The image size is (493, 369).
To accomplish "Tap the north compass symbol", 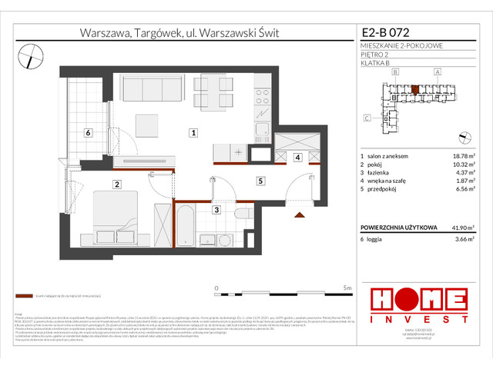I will pyautogui.click(x=32, y=53).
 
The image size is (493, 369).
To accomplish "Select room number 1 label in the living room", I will pyautogui.click(x=193, y=133).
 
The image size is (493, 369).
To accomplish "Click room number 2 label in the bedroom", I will pyautogui.click(x=116, y=184).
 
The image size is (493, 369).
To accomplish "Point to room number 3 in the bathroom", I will pyautogui.click(x=216, y=210).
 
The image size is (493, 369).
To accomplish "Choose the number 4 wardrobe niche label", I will pyautogui.click(x=297, y=158).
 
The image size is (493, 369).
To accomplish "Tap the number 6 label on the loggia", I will pyautogui.click(x=89, y=132).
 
